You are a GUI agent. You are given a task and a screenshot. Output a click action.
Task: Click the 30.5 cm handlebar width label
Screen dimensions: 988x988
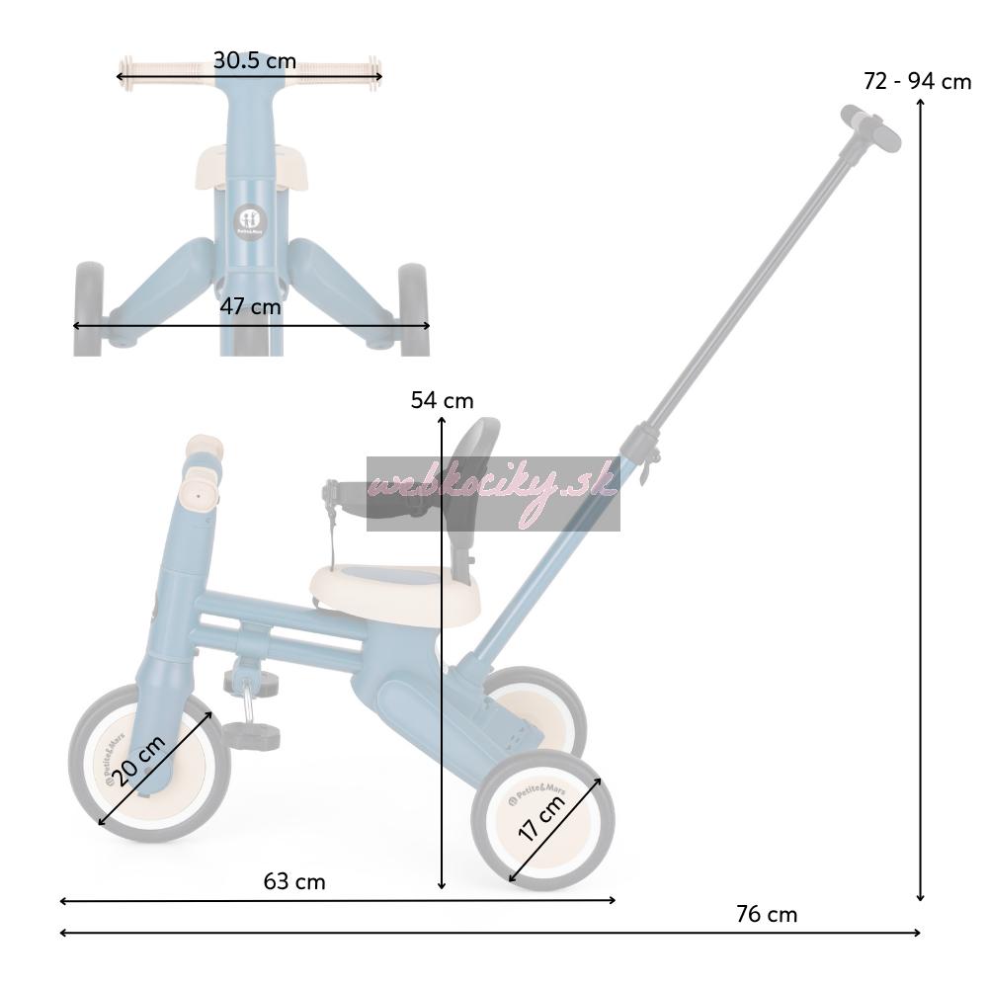(x=255, y=61)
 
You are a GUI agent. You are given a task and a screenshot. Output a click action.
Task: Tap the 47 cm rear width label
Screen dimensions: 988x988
(x=250, y=306)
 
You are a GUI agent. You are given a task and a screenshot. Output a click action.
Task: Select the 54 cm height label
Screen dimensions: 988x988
(x=442, y=400)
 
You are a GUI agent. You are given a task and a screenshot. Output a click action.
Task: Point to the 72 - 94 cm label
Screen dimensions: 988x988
(x=917, y=81)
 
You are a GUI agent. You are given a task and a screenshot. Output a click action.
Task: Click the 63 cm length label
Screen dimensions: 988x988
(x=294, y=881)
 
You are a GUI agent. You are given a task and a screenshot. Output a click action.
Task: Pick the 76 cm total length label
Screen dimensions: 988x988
(x=767, y=914)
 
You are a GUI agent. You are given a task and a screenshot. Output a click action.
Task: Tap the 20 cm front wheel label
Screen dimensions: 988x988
(x=140, y=761)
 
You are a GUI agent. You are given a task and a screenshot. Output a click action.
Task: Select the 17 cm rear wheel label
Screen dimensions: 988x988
(x=540, y=818)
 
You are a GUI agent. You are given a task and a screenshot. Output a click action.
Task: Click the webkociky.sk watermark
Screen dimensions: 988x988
(x=493, y=493)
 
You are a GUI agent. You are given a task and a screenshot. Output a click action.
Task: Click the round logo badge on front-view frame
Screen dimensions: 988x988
(x=250, y=221)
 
